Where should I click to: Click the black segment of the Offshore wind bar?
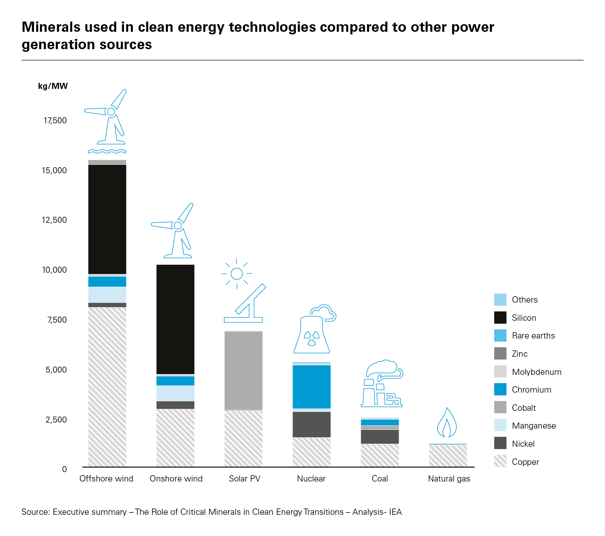pos(107,219)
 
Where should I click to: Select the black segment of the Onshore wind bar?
pos(175,319)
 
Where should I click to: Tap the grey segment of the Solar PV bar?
pos(244,370)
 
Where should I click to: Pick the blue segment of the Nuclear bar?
pos(312,387)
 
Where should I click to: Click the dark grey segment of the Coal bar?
pos(380,437)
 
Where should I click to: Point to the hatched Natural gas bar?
pos(448,456)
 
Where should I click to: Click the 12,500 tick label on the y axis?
pos(54,220)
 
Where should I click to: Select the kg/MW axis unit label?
pos(53,86)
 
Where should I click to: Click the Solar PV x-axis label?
pos(245,479)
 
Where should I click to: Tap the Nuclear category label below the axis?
pos(311,479)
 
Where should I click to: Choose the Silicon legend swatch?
pos(500,318)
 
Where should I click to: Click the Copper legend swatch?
pos(500,461)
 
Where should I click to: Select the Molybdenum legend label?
pos(537,372)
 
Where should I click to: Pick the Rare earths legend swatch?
pos(500,336)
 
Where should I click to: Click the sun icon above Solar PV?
pos(237,273)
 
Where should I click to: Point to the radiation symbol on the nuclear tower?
pos(312,338)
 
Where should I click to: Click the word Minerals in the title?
pos(51,27)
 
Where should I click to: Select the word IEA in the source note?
pos(395,512)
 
